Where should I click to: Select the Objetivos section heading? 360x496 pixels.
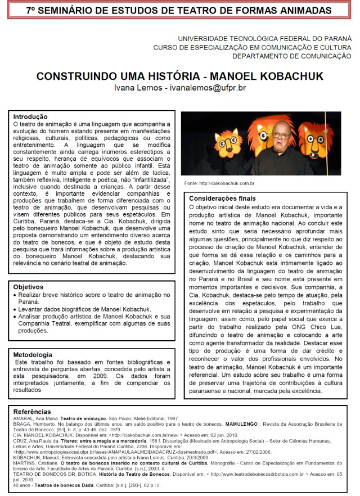[29, 287]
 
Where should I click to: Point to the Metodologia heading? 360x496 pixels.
[33, 354]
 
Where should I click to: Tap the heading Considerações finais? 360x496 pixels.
[223, 199]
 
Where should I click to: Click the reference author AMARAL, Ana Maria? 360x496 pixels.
[33, 419]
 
